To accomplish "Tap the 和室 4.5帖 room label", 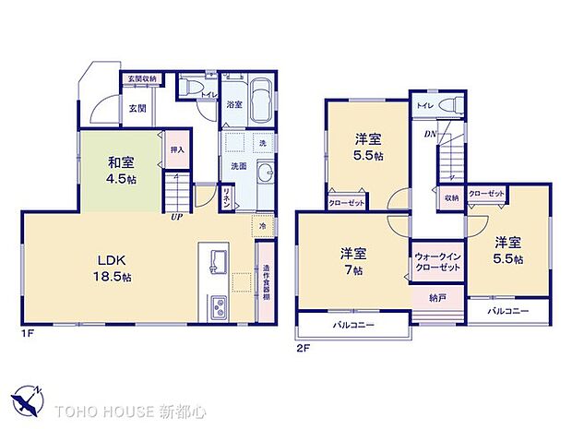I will click(x=122, y=170).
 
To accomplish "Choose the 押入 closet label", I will click(x=177, y=149).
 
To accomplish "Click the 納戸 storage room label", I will click(x=438, y=298).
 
